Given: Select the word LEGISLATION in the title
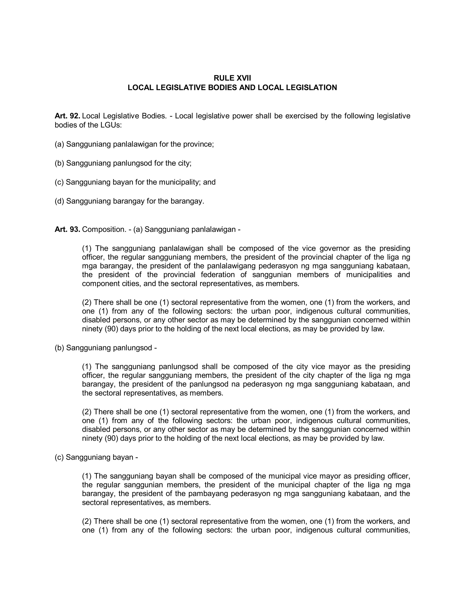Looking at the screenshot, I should pos(311,88).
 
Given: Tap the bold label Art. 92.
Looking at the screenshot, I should pos(67,116).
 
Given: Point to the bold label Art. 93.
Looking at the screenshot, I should pos(67,229).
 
